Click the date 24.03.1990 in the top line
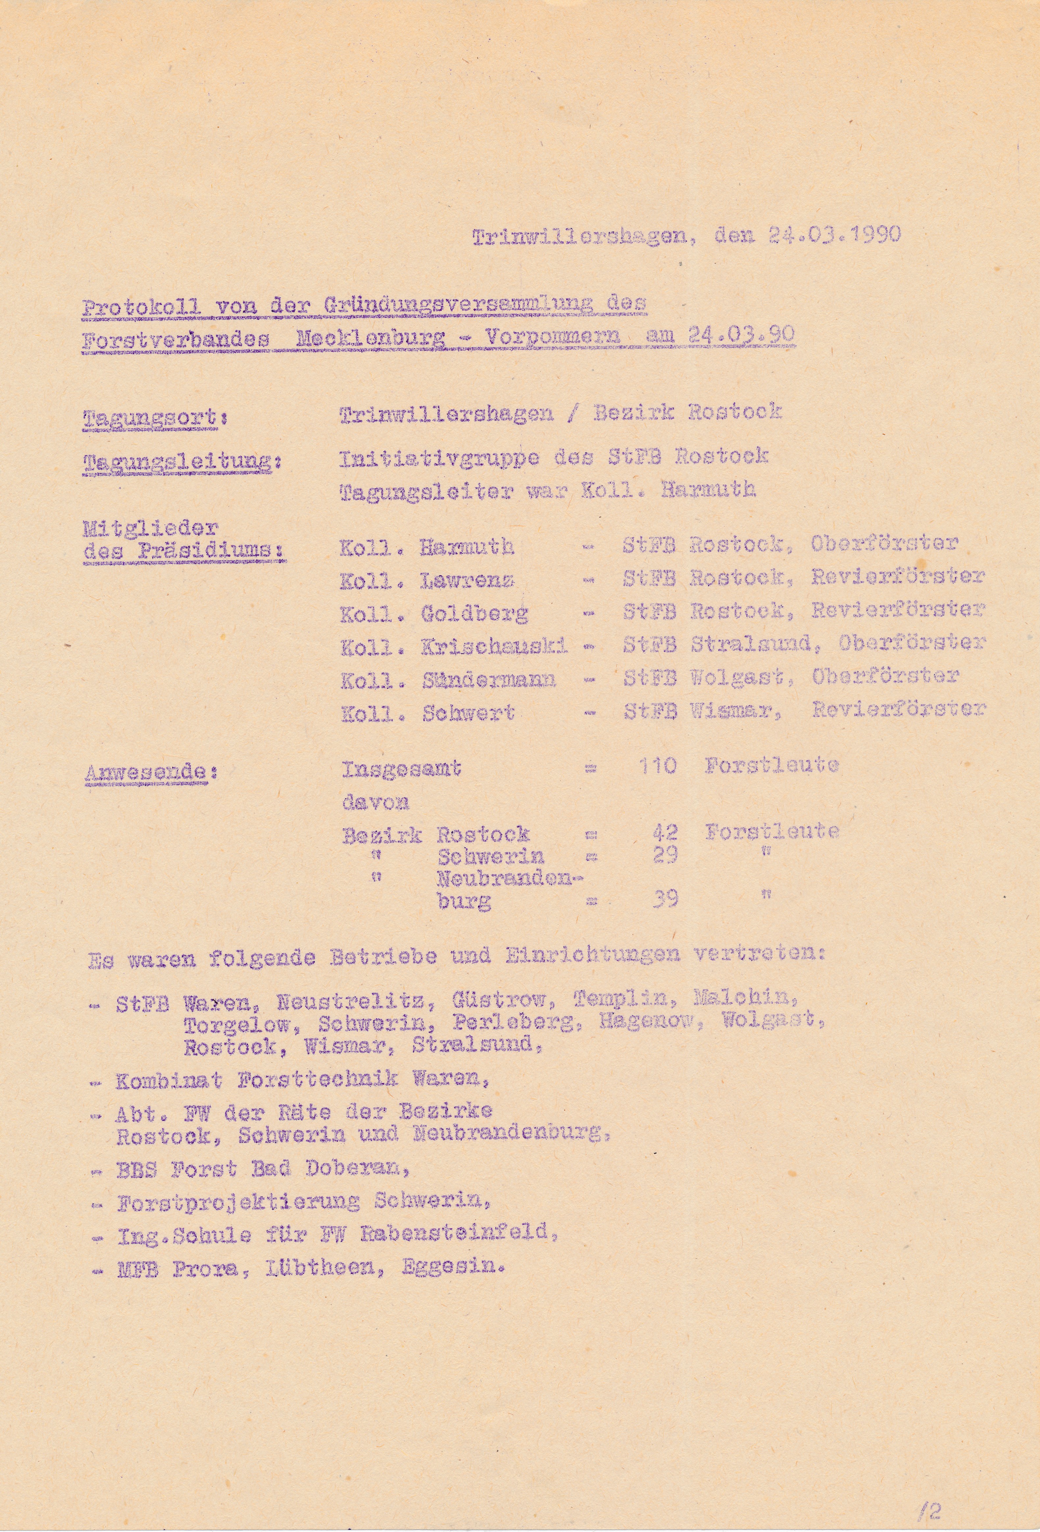[x=834, y=235]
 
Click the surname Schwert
[x=468, y=713]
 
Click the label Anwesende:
[x=152, y=773]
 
